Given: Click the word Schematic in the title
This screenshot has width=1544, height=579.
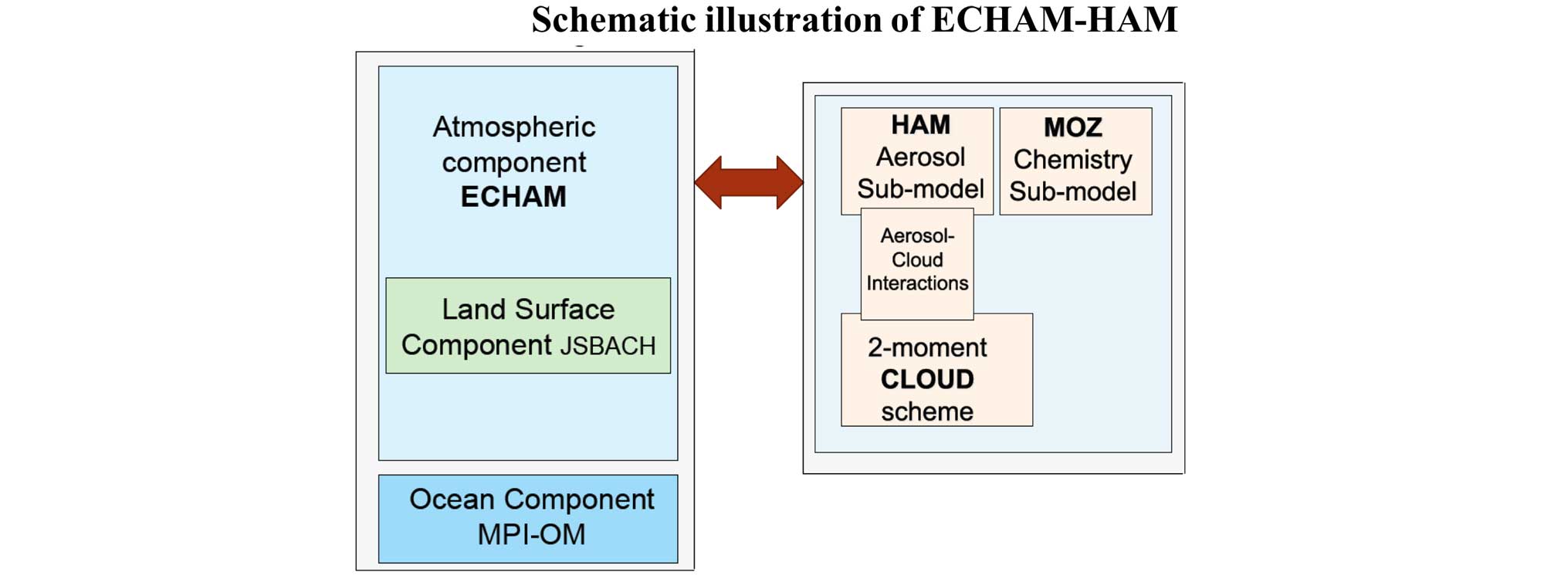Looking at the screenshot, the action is tap(614, 20).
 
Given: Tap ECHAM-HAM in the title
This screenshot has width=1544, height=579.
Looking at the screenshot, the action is tap(1055, 20).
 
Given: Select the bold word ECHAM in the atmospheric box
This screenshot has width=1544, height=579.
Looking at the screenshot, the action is tap(513, 197).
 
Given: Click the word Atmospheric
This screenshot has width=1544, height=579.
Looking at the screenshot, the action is tap(513, 127).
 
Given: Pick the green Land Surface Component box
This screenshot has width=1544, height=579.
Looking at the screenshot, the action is tap(528, 326).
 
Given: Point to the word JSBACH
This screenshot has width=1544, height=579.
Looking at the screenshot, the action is tap(608, 346).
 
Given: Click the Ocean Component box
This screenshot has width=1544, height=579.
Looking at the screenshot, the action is tap(528, 519).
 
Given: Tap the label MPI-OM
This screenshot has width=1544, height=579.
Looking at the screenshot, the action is tap(531, 534).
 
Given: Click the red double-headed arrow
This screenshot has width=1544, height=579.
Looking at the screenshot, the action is tap(749, 183).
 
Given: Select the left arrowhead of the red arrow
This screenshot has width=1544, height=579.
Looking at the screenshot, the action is tap(708, 183).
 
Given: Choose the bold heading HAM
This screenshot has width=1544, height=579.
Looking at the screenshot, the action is tap(920, 125).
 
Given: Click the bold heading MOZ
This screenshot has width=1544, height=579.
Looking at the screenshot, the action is tap(1073, 127).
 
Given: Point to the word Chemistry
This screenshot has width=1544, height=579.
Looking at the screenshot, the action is tap(1073, 160).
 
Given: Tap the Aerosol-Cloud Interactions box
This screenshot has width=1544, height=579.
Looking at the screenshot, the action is tap(917, 264).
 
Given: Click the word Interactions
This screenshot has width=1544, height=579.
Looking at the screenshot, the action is tap(917, 283).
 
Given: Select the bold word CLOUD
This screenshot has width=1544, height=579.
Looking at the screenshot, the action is tap(927, 379).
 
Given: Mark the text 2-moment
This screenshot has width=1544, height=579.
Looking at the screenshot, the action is tap(927, 347).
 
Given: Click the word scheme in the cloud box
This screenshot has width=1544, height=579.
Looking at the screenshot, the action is tap(927, 411).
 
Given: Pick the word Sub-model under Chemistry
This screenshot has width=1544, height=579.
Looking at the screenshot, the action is tap(1073, 191).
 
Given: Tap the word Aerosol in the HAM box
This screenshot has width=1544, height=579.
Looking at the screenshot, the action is tap(920, 157).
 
